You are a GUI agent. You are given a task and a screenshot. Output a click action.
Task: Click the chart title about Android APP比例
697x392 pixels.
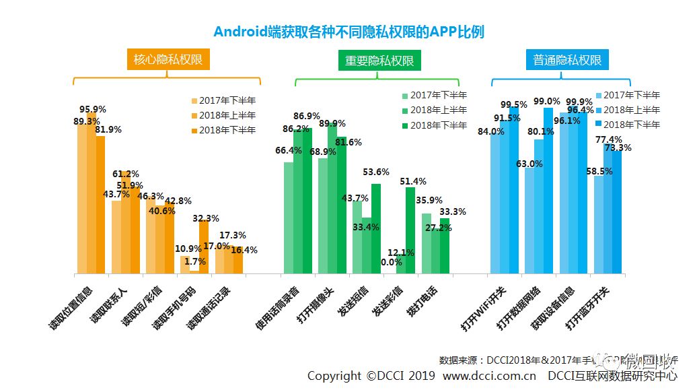click(348, 32)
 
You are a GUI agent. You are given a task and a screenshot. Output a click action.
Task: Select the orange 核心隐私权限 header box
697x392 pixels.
click(168, 60)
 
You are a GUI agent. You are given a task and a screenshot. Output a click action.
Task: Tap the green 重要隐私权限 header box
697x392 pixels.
click(379, 61)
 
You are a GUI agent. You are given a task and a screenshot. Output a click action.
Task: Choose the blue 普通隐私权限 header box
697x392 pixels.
click(567, 60)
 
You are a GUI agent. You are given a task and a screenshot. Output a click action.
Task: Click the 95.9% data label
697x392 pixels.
click(93, 109)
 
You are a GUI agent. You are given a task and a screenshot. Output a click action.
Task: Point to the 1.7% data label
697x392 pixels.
click(194, 261)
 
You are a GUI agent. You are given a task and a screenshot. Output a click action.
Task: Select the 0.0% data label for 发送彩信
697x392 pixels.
click(392, 262)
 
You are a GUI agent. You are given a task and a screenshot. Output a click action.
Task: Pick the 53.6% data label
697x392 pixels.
click(375, 172)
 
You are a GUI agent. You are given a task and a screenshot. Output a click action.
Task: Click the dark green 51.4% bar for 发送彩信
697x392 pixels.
click(410, 230)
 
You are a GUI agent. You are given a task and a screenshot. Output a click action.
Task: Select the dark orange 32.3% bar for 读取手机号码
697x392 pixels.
click(204, 247)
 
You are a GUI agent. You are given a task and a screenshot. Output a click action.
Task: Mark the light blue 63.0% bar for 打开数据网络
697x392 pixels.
click(529, 221)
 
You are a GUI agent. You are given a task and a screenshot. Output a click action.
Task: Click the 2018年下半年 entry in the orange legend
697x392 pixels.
click(226, 130)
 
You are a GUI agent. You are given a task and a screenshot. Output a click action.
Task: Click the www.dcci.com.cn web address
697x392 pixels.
click(489, 376)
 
